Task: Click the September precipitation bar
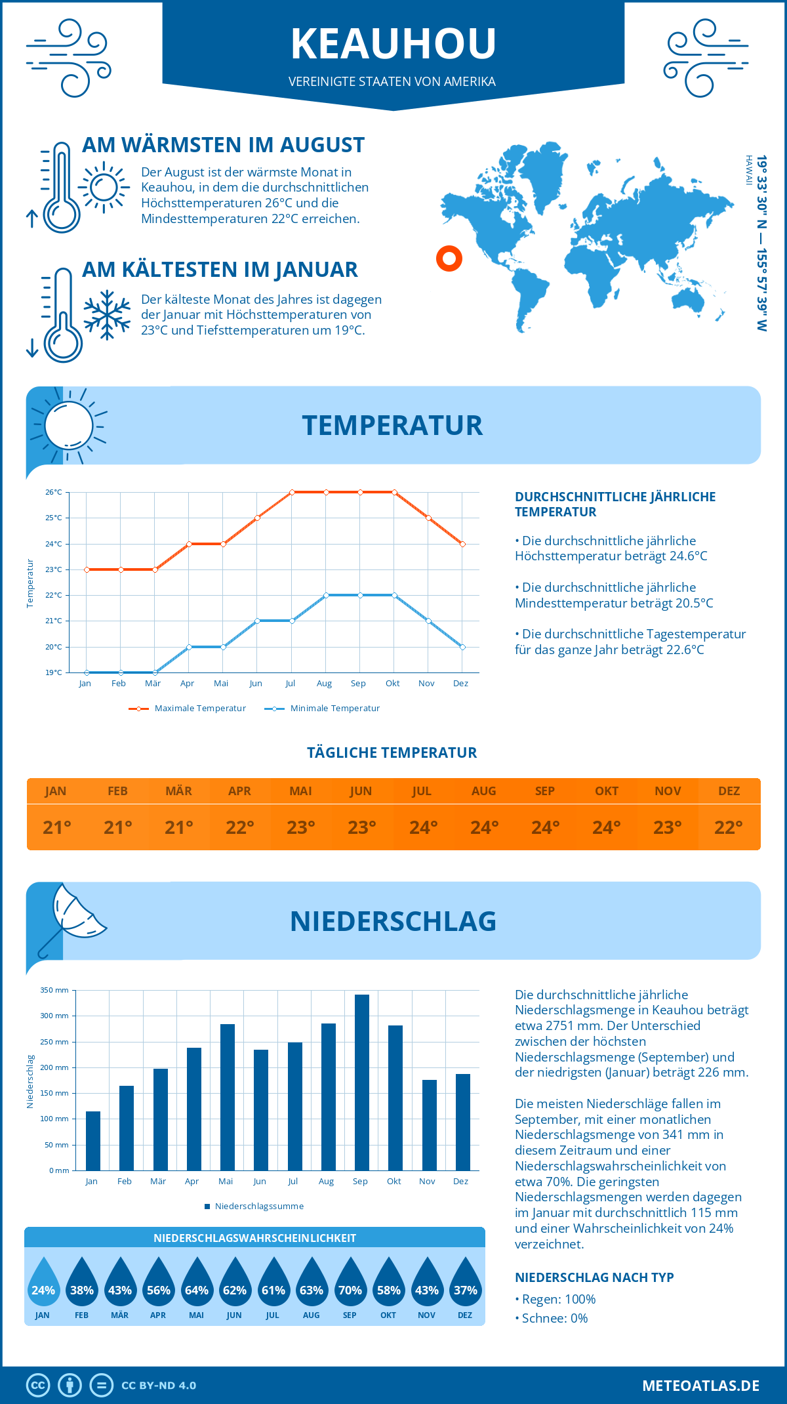tap(361, 1083)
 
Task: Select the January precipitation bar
tap(93, 1141)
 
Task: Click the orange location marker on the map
tap(449, 258)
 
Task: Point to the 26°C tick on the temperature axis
tap(54, 492)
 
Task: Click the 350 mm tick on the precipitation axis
tap(55, 990)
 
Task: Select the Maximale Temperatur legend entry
tap(188, 709)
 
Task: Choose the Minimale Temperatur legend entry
tap(323, 709)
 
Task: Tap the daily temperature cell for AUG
tap(484, 827)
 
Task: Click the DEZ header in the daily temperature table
tap(729, 791)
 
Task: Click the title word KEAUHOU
tap(393, 44)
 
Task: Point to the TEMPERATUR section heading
tap(392, 425)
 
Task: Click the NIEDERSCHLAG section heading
tap(393, 921)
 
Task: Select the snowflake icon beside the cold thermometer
tap(107, 315)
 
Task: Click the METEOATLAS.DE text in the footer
tap(700, 1386)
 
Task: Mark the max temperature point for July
tap(292, 492)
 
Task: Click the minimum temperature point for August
tap(326, 595)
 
